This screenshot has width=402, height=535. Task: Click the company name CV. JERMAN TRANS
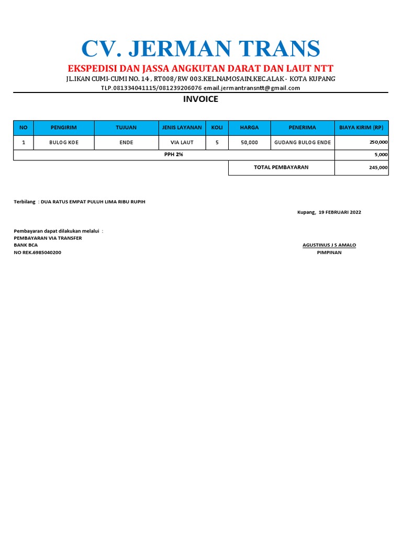(200, 49)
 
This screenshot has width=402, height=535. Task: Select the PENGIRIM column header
(64, 127)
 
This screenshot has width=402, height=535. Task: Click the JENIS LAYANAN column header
(182, 127)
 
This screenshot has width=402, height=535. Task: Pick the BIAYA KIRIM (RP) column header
(361, 127)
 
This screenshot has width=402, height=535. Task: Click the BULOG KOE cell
(64, 142)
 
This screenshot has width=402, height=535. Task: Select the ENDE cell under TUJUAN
(126, 142)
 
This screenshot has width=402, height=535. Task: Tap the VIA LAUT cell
(182, 142)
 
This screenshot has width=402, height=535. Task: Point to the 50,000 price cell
(249, 142)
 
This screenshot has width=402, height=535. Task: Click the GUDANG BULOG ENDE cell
(303, 142)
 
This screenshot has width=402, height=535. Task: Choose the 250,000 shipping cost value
(378, 142)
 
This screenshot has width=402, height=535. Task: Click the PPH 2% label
(174, 155)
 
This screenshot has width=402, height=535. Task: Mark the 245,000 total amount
(378, 168)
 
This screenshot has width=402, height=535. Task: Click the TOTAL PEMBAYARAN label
(281, 168)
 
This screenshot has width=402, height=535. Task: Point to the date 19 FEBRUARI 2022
(340, 212)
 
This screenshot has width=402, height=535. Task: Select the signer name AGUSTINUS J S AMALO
(329, 245)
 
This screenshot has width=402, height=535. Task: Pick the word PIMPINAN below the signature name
(329, 253)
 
